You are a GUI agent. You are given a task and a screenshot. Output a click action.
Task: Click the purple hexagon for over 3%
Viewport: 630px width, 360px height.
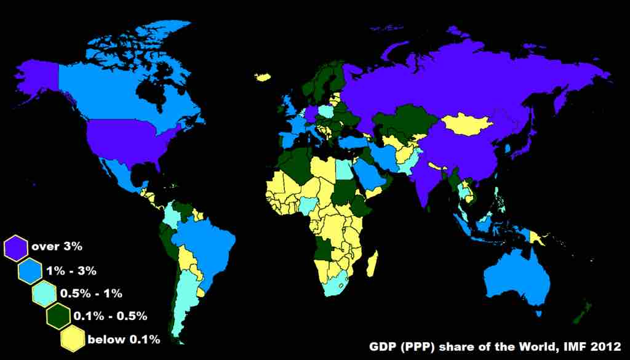[16, 247]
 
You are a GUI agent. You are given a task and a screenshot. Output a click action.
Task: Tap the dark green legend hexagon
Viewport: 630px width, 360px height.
[59, 316]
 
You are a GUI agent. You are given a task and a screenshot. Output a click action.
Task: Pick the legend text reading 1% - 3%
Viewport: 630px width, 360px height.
[71, 270]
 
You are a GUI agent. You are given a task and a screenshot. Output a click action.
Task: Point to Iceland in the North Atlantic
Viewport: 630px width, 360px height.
[263, 78]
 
